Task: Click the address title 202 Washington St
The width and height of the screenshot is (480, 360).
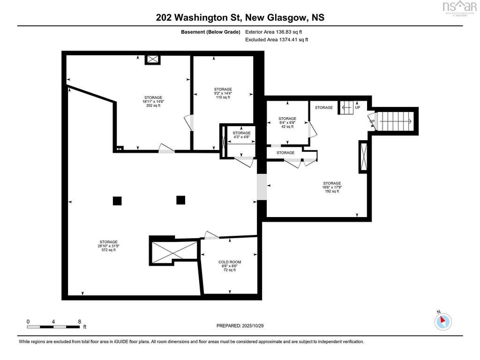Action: point(240,18)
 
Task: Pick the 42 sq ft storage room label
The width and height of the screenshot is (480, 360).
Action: point(287,122)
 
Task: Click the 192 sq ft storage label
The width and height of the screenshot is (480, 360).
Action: point(331,187)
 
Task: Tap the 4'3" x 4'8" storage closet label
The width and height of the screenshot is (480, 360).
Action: point(241,135)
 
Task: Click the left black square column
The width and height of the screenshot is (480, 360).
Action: point(117,201)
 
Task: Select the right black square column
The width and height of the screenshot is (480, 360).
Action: point(181,200)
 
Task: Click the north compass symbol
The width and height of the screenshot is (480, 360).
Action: point(442,321)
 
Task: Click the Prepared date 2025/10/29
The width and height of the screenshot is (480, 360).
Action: point(243,326)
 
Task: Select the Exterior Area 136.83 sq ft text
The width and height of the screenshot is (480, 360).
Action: point(274,32)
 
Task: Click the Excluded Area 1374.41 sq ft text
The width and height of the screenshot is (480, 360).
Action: point(277,40)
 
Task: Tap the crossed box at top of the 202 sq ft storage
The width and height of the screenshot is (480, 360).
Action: point(152,59)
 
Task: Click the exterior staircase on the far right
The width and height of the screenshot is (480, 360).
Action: point(396,121)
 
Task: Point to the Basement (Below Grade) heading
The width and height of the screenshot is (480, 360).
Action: point(210,32)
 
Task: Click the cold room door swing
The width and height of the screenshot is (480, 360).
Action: point(212,235)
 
